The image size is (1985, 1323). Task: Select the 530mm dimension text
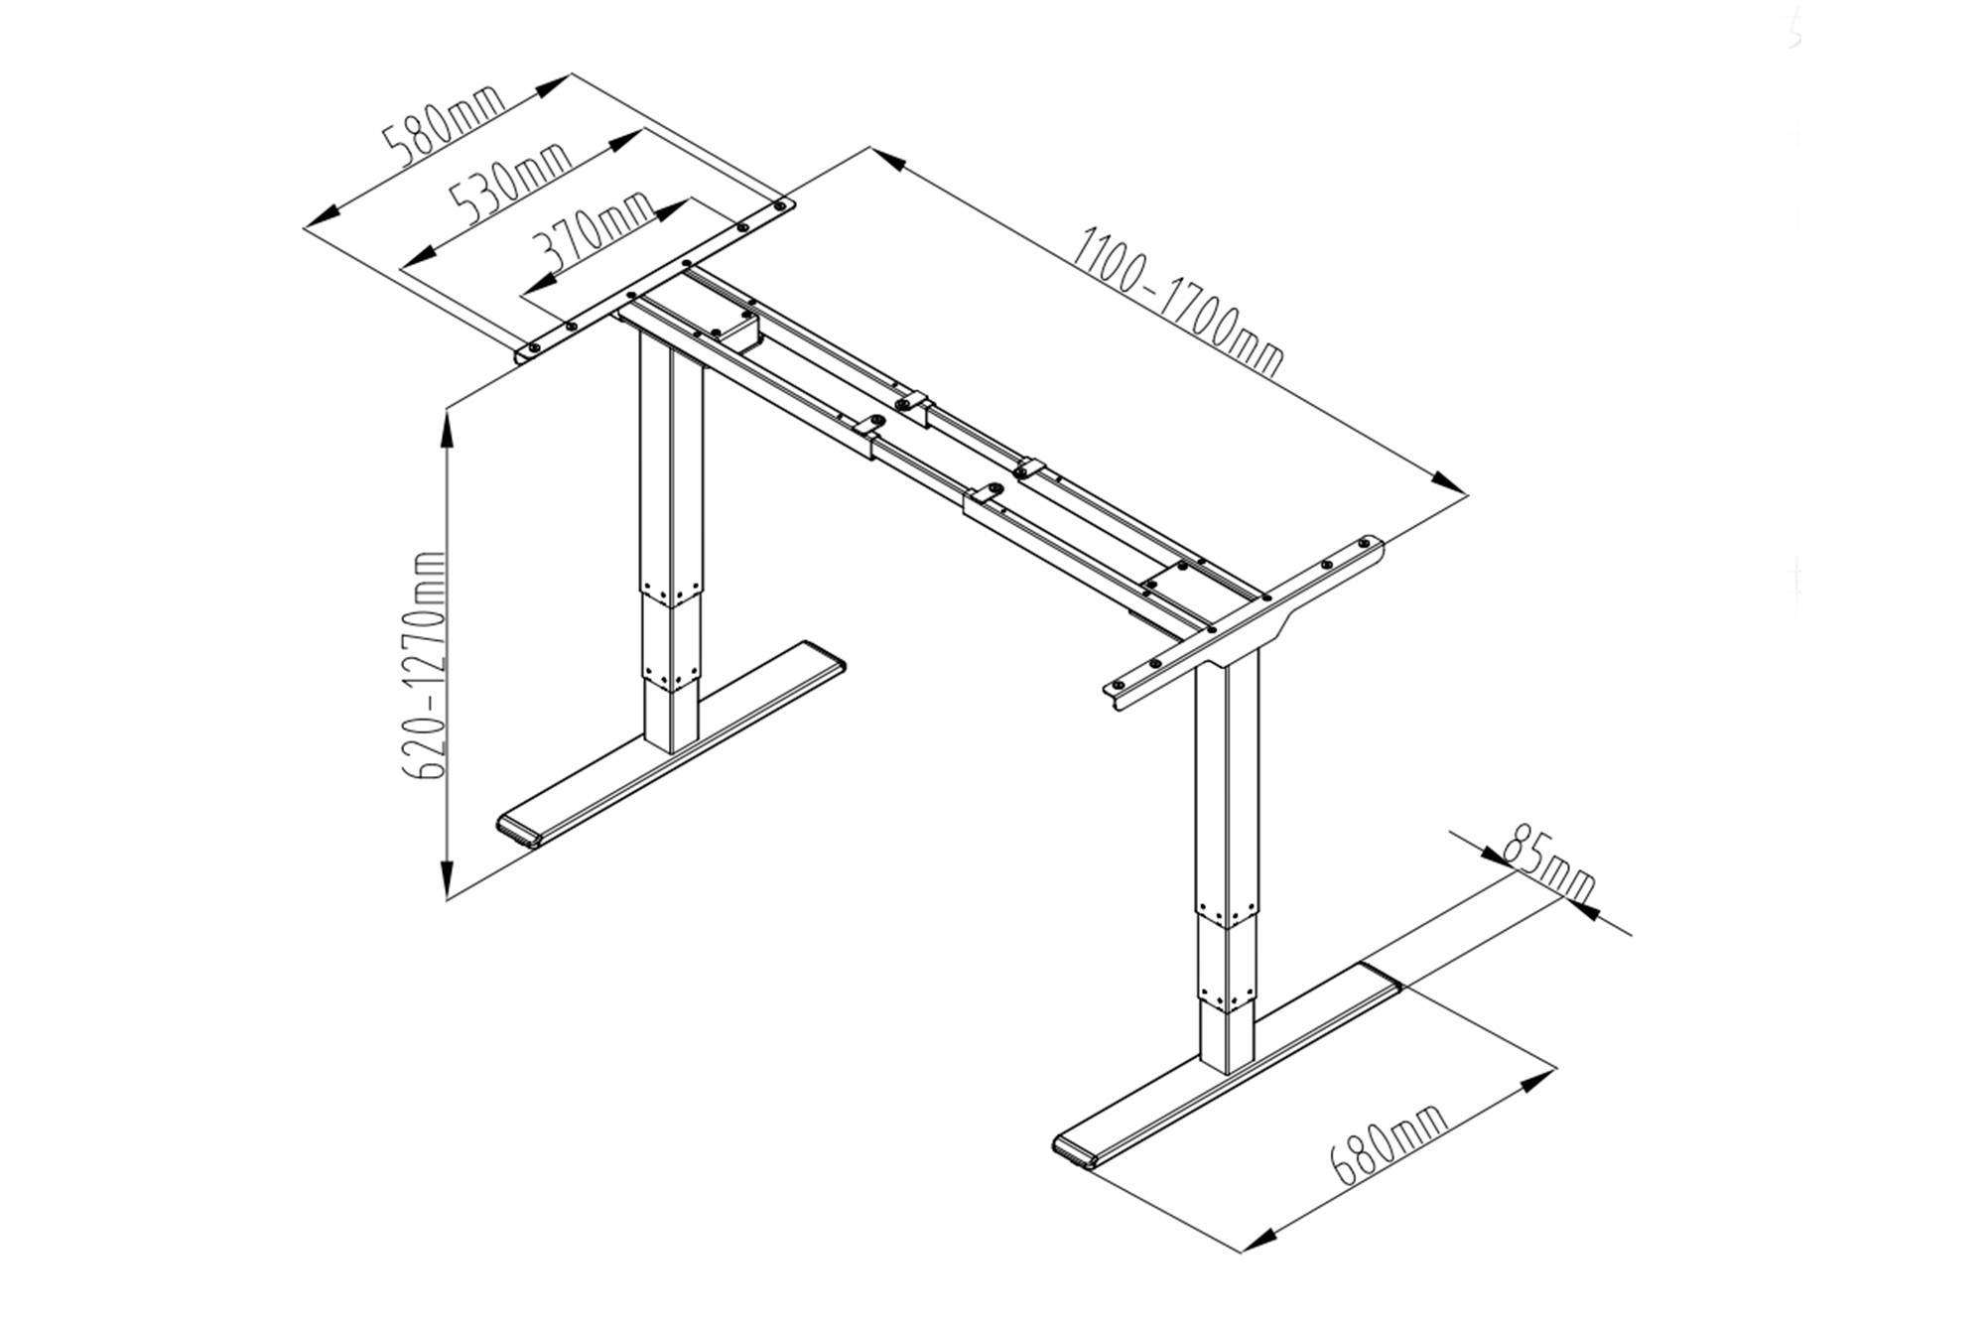510,185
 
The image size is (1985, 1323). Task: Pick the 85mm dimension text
1549,861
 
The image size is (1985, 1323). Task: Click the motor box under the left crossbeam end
739,330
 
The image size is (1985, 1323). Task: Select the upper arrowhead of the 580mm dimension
549,86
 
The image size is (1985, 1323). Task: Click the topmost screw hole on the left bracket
781,206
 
